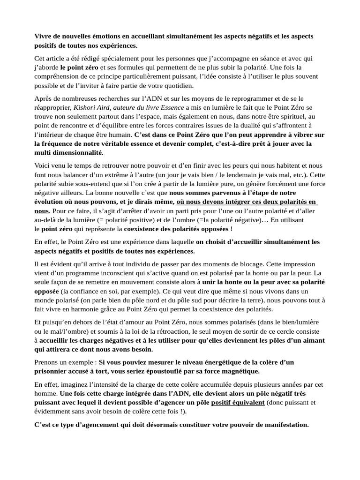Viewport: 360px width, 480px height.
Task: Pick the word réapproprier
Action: pyautogui.click(x=52, y=107)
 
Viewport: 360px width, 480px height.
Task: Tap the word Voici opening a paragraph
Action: pyautogui.click(x=43, y=165)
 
